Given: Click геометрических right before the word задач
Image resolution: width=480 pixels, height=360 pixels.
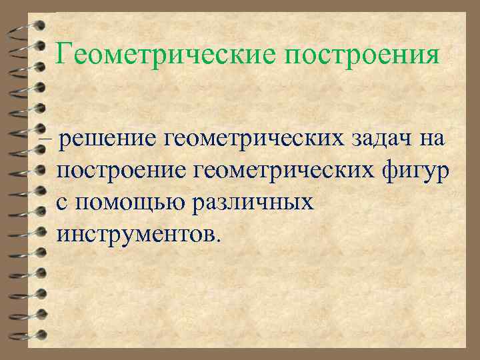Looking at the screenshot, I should click(x=259, y=140).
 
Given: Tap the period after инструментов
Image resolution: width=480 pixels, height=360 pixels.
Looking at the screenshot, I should click(x=214, y=241).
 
